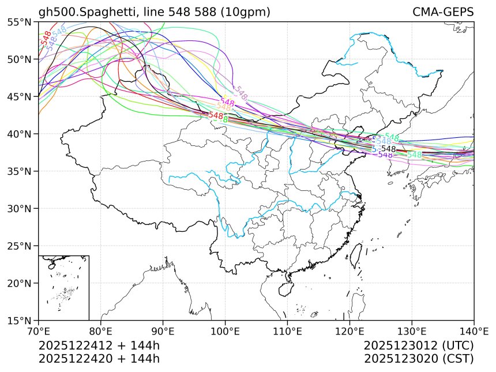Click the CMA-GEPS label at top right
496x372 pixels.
click(443, 12)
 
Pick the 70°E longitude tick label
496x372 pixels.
click(39, 331)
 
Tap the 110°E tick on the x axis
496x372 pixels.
click(287, 331)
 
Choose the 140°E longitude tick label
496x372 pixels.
click(473, 331)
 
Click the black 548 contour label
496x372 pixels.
click(388, 149)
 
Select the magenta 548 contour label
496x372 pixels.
click(227, 102)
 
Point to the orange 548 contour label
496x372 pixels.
click(224, 107)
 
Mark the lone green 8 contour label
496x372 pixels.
click(225, 119)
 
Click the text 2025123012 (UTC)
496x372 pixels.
click(419, 345)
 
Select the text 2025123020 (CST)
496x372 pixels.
click(419, 358)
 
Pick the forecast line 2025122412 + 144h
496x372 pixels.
click(99, 345)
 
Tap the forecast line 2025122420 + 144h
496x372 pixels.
click(99, 358)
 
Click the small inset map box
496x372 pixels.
click(63, 287)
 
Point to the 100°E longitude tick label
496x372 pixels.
click(225, 331)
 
